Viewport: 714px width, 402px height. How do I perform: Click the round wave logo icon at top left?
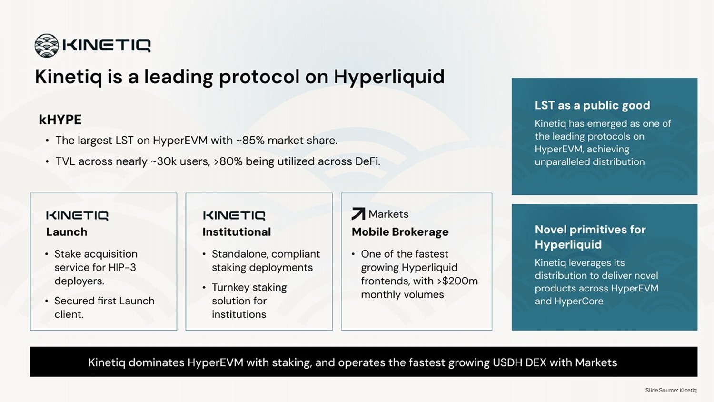click(47, 46)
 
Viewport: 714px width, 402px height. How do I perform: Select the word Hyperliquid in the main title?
click(389, 77)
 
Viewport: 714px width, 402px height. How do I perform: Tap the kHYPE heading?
click(60, 120)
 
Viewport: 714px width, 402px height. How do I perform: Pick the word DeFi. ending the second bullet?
click(367, 161)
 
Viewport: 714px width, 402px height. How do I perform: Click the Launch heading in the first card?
click(67, 232)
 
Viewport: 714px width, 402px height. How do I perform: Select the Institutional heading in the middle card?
click(237, 232)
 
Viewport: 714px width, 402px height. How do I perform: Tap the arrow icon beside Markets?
click(358, 214)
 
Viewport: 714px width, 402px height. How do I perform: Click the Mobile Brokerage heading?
click(400, 232)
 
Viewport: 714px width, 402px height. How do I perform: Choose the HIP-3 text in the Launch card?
click(122, 267)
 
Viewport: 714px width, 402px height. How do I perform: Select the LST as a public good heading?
click(592, 105)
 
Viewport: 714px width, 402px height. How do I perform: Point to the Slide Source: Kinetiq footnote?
click(671, 390)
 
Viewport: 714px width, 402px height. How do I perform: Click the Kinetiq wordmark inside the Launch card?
click(77, 216)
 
